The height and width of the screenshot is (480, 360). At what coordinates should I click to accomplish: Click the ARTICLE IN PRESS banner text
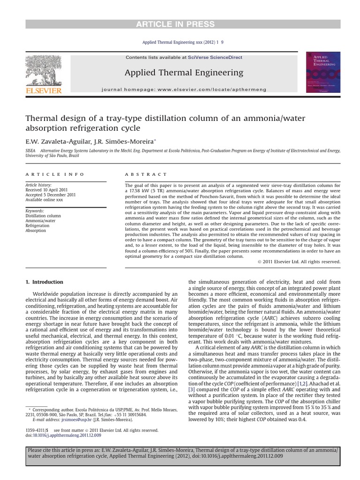click(180, 24)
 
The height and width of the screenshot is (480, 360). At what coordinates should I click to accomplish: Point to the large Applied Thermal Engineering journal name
click(184, 72)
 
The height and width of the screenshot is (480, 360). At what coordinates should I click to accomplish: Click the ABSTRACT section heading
click(145, 174)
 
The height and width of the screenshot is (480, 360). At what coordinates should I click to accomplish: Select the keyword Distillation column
click(43, 216)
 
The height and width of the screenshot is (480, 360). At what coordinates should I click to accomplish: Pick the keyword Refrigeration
click(38, 226)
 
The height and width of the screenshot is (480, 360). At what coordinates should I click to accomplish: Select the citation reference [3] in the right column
click(191, 389)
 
